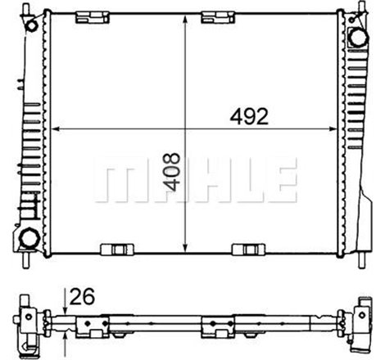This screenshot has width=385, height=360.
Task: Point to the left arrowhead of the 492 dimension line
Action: (55, 128)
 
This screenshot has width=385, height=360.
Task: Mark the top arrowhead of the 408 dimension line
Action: (188, 18)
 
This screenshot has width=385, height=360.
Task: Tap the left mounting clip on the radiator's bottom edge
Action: (113, 250)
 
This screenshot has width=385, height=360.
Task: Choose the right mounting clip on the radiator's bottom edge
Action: (245, 250)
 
